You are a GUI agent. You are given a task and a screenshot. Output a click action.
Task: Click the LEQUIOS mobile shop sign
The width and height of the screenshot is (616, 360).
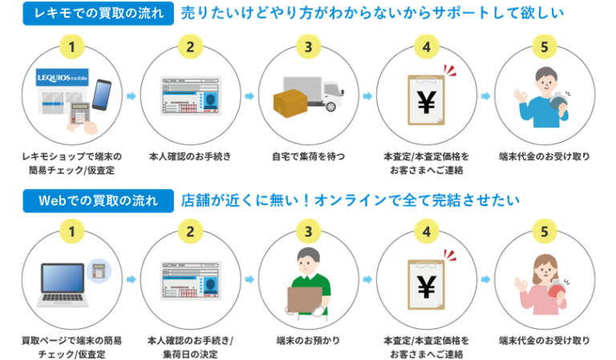tap(62, 78)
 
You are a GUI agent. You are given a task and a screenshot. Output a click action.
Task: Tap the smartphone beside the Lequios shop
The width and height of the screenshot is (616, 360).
tap(102, 95)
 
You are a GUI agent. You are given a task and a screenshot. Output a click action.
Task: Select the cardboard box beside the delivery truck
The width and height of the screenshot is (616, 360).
tap(290, 103)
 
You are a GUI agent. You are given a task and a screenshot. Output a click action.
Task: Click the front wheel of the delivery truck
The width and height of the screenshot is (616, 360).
tap(330, 106)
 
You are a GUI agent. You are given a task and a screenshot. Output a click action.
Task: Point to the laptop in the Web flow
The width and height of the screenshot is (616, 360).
tap(63, 285)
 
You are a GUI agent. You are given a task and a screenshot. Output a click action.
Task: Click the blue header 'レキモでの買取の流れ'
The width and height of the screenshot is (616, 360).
tap(98, 14)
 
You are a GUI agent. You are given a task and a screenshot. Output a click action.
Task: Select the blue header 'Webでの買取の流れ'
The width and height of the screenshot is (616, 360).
tap(98, 201)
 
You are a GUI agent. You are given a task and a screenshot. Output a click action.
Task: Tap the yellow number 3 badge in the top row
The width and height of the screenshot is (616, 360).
tap(308, 47)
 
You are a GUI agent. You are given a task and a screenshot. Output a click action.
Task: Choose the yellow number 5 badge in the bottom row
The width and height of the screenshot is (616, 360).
tap(545, 231)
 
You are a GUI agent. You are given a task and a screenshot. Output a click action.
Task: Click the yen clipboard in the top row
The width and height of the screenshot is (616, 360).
tap(426, 100)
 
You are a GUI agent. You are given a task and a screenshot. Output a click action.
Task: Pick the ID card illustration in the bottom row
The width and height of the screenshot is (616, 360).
tap(191, 281)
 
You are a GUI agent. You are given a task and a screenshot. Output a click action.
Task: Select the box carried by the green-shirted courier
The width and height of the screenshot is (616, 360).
tap(305, 300)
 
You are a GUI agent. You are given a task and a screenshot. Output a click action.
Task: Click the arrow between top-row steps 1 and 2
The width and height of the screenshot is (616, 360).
tap(132, 95)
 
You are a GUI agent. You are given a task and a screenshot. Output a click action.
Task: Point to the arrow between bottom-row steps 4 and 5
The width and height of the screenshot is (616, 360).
tap(485, 280)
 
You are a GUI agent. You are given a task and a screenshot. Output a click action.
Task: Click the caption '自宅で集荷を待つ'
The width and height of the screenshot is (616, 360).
tap(308, 156)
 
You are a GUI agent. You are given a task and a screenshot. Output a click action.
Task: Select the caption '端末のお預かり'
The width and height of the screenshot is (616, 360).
tap(308, 341)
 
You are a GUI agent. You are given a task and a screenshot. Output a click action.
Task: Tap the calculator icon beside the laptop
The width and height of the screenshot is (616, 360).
tap(99, 270)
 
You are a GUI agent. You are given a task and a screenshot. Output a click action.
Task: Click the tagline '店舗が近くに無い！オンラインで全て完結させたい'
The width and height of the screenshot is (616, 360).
tap(351, 200)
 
